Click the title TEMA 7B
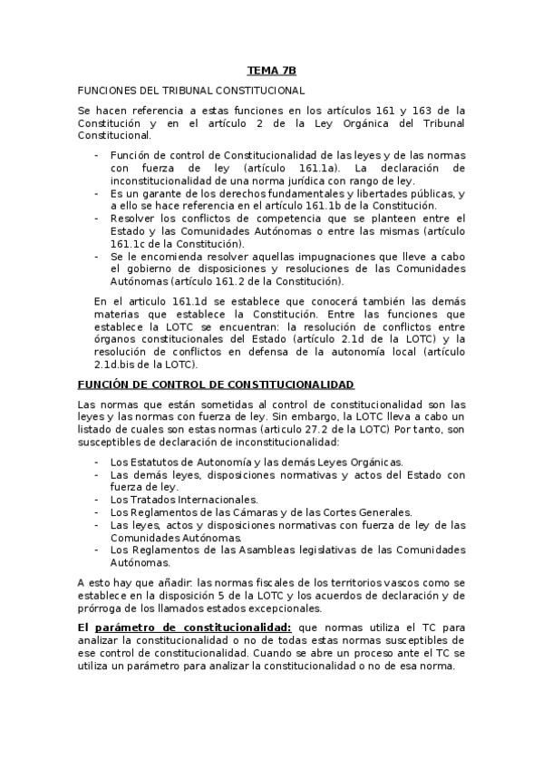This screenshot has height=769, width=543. (x=271, y=70)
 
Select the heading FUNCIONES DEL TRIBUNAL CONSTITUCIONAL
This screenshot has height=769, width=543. (x=191, y=91)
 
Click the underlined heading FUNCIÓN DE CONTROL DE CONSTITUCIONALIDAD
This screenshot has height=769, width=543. (x=203, y=385)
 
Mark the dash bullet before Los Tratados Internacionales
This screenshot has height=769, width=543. (x=97, y=500)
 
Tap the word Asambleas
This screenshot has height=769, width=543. (x=247, y=550)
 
